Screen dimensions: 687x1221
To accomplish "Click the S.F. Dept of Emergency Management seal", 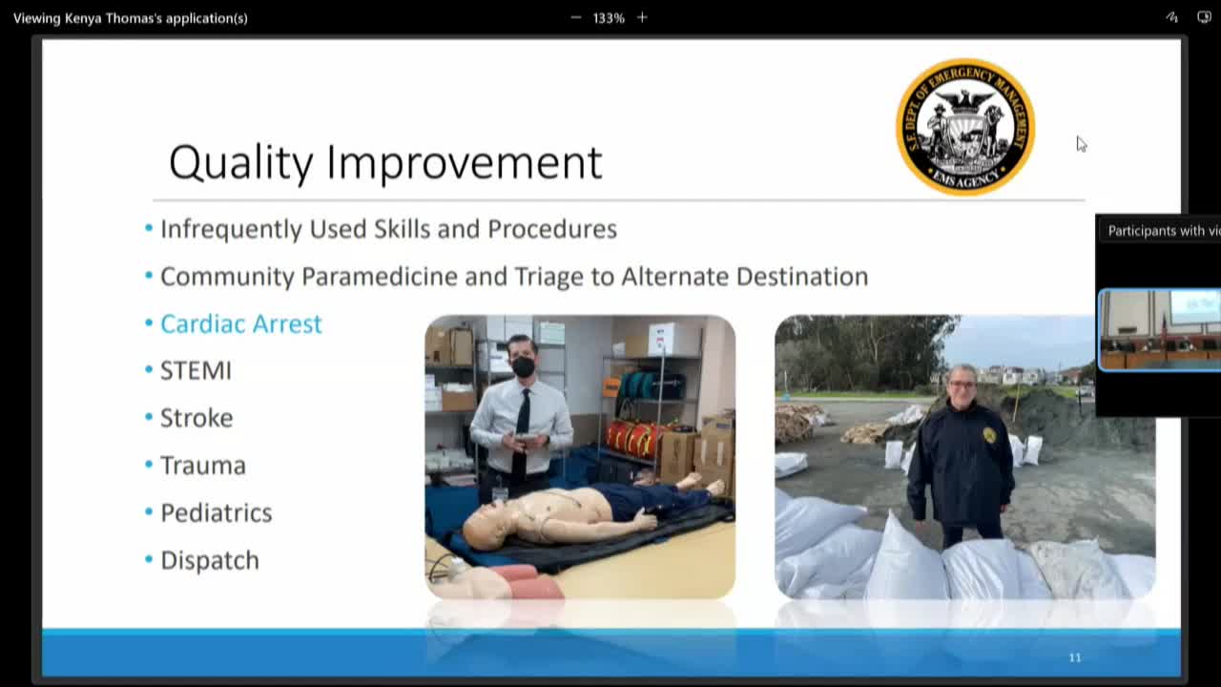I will (964, 127).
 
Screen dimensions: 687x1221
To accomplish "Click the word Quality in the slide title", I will (240, 163).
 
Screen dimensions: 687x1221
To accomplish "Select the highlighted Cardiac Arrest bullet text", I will (240, 323).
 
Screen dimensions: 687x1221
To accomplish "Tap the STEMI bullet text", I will (196, 370).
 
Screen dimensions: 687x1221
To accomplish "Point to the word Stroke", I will (197, 418).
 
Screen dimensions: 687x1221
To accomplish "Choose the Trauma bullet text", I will (202, 466).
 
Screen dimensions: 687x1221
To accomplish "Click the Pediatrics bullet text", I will (216, 512).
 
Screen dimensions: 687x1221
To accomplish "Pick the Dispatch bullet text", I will (209, 560).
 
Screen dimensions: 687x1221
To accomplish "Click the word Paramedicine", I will (406, 277).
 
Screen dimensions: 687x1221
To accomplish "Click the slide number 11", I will (1075, 657).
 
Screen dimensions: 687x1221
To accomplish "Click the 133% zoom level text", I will (609, 18).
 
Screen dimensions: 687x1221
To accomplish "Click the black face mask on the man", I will (523, 366).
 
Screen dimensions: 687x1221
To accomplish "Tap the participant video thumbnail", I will (1160, 329).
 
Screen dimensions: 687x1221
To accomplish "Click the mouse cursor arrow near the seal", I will (1081, 143).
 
